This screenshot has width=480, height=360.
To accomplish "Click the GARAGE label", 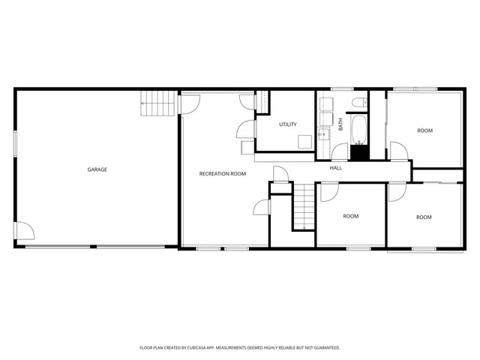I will pyautogui.click(x=97, y=169).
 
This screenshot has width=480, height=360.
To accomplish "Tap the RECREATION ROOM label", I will pyautogui.click(x=222, y=174).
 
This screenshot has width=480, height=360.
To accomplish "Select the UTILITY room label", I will pyautogui.click(x=287, y=124).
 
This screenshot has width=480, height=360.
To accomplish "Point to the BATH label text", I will pyautogui.click(x=340, y=124).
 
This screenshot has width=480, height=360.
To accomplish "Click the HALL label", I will pyautogui.click(x=336, y=167).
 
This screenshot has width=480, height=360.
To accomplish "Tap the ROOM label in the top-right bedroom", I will pyautogui.click(x=424, y=130).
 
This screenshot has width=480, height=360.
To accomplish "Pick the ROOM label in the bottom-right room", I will pyautogui.click(x=424, y=217).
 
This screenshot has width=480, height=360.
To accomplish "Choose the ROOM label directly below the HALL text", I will pyautogui.click(x=350, y=216).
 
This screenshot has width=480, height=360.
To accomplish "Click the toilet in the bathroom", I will pyautogui.click(x=358, y=101).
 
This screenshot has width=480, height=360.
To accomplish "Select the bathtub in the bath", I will pyautogui.click(x=359, y=128).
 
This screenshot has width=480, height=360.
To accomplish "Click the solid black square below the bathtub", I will pyautogui.click(x=360, y=152).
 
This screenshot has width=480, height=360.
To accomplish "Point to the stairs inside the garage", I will pyautogui.click(x=158, y=103).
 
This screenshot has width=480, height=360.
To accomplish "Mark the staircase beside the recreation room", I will pyautogui.click(x=302, y=208).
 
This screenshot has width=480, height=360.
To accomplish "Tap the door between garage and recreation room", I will pyautogui.click(x=187, y=104).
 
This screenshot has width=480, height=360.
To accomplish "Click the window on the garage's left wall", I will pyautogui.click(x=14, y=143).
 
